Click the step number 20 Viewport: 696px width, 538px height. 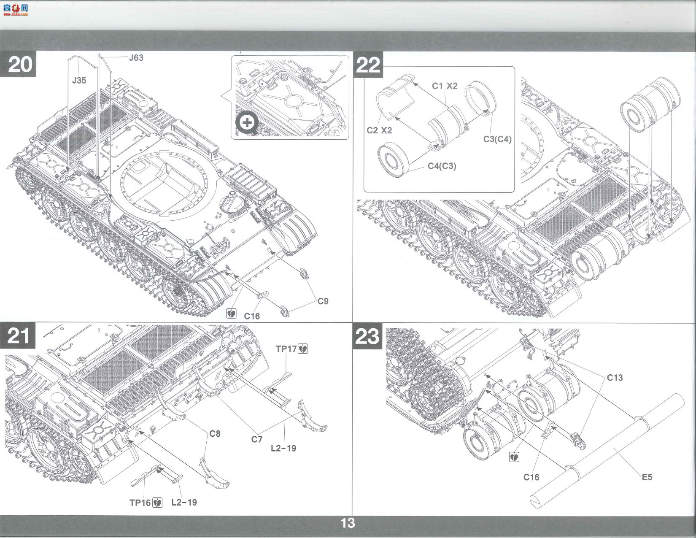pos(20,65)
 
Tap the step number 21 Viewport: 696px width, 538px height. pos(19,336)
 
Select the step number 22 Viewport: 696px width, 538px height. pos(368,65)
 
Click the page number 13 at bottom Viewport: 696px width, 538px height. pos(348,523)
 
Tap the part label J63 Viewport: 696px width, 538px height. pos(136,58)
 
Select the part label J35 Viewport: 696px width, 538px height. pos(79,81)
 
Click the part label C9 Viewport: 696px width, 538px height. pos(323,301)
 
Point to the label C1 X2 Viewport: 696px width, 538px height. pos(445,86)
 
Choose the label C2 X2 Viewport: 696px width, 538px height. pos(379,130)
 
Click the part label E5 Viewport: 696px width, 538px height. pos(647,477)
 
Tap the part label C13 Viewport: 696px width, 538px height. pos(615,378)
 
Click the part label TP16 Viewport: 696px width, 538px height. pos(140,503)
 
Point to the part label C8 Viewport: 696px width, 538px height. pos(215,433)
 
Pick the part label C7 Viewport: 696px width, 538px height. pos(256,439)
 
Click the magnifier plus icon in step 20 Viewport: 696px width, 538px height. pos(247,123)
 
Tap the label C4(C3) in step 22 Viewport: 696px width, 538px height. pos(442,166)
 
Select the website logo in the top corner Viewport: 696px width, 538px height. pos(16,10)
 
